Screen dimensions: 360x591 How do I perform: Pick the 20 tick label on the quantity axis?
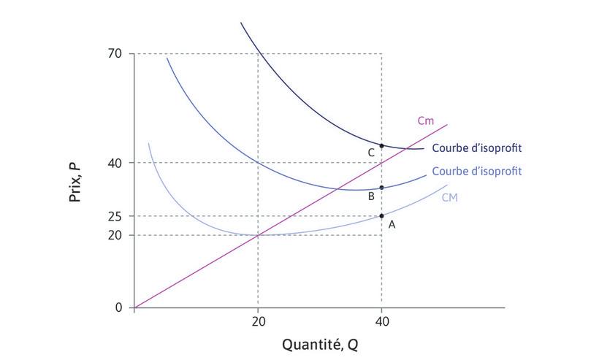pos(257,321)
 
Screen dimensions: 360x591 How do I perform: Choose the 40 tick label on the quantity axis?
pos(381,321)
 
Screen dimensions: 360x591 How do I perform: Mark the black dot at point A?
pos(381,216)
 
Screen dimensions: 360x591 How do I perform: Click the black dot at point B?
pos(381,188)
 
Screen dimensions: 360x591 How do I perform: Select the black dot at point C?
pos(381,146)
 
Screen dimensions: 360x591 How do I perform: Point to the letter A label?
pos(392,226)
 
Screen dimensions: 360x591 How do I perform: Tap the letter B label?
pos(371,196)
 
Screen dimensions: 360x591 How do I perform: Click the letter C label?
pos(371,153)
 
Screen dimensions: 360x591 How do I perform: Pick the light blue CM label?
pos(449,197)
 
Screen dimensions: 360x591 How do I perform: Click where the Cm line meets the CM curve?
pos(258,234)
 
